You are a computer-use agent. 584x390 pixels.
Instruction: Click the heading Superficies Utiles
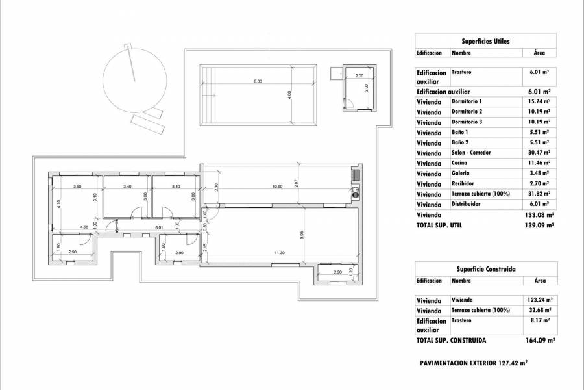coord(485,41)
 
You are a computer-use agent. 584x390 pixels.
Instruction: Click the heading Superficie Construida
coord(485,268)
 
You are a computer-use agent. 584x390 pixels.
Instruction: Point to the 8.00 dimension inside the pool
coord(258,81)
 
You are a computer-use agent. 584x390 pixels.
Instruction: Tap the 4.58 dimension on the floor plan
coord(84,227)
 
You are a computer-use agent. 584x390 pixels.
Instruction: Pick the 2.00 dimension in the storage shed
coord(359,76)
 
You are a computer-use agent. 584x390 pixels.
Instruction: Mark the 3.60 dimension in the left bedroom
coord(77,187)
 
